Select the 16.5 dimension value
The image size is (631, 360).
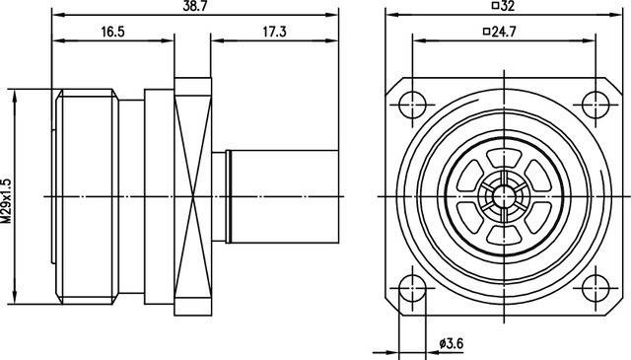click(x=113, y=32)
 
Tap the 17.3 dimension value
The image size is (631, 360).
click(x=274, y=32)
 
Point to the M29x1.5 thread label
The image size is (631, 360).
click(x=7, y=200)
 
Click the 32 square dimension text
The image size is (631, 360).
click(x=508, y=5)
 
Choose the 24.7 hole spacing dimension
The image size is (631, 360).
click(x=504, y=31)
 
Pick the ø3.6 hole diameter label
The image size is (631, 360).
click(x=452, y=343)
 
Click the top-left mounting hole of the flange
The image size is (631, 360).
click(x=412, y=105)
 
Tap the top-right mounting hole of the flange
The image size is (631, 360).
click(x=596, y=105)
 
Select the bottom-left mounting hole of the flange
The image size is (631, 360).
click(x=412, y=288)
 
